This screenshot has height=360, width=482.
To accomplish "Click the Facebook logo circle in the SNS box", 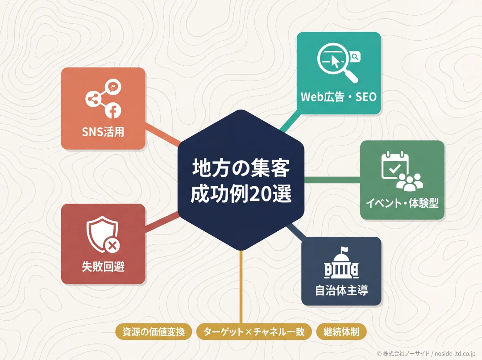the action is pyautogui.click(x=113, y=110).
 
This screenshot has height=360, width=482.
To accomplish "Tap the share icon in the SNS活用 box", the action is pyautogui.click(x=93, y=99).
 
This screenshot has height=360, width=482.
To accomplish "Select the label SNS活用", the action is pyautogui.click(x=103, y=132).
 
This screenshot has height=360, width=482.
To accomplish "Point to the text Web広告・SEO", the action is pyautogui.click(x=338, y=97).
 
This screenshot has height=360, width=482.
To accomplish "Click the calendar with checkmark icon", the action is pyautogui.click(x=395, y=165).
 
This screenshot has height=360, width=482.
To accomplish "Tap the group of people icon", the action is pyautogui.click(x=409, y=182).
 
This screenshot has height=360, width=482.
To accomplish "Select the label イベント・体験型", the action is pyautogui.click(x=402, y=203).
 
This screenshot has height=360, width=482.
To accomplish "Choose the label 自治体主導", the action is pyautogui.click(x=341, y=290).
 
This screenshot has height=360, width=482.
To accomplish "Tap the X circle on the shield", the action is pyautogui.click(x=112, y=246).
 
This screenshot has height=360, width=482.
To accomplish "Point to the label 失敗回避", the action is pyautogui.click(x=103, y=267).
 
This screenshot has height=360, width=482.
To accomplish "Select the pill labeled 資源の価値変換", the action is pyautogui.click(x=154, y=332).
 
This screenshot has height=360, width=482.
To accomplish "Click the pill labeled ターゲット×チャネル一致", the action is pyautogui.click(x=254, y=332).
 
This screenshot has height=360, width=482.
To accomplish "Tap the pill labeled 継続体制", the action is pyautogui.click(x=341, y=332).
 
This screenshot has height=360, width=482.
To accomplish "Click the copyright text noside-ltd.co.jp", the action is pyautogui.click(x=455, y=354).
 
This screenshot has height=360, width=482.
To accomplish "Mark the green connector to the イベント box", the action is pyautogui.click(x=332, y=180).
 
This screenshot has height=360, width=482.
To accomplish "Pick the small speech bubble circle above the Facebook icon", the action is pyautogui.click(x=113, y=87).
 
